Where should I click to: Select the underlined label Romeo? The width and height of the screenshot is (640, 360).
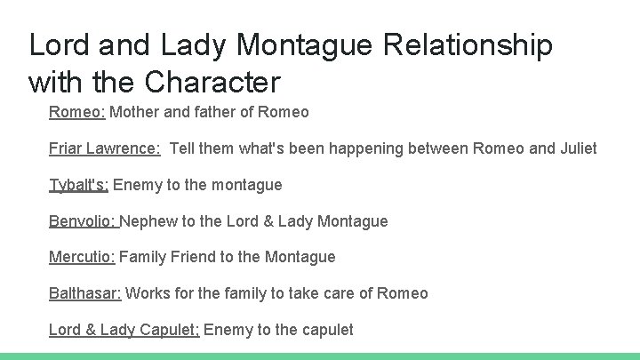point(76,112)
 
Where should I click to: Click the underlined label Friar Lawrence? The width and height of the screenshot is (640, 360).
point(104,148)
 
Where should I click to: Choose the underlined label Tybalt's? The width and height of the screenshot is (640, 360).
point(78,185)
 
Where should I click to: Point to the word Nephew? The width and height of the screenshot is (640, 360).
point(148,221)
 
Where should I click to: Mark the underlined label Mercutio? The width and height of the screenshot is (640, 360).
point(82,257)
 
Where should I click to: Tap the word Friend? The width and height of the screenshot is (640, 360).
point(192,257)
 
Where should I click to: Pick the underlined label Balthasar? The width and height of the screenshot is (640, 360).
point(85,293)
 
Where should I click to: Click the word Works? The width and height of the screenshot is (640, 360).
point(148,293)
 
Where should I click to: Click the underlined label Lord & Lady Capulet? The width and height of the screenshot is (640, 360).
point(124,330)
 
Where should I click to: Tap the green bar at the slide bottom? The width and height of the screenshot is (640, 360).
point(320,356)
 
